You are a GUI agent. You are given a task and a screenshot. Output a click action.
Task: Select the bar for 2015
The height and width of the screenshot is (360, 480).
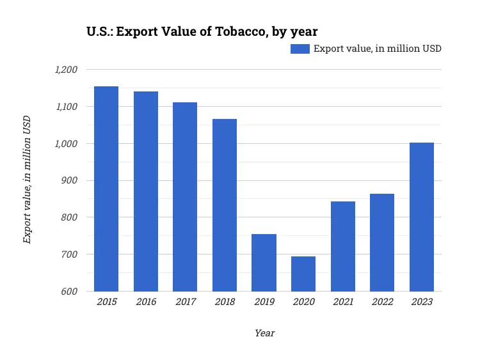click(106, 189)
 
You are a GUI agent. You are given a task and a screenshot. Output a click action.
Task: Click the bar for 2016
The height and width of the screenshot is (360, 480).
click(146, 191)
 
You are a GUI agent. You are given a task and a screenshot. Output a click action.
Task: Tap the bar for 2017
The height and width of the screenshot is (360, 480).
click(185, 197)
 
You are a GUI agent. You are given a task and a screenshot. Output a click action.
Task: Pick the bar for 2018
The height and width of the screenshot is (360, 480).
click(225, 205)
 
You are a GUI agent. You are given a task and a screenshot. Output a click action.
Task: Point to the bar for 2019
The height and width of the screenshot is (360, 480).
click(264, 262)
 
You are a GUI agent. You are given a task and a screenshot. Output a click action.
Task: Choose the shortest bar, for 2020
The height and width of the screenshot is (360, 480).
click(303, 274)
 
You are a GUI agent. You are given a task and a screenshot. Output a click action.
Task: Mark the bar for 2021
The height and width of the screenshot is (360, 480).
click(343, 246)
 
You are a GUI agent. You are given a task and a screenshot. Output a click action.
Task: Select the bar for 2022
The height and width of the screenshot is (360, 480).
click(382, 242)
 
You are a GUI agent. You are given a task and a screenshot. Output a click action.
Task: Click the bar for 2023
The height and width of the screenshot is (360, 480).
click(422, 217)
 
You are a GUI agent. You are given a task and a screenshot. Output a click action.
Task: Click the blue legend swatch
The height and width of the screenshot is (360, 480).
click(300, 49)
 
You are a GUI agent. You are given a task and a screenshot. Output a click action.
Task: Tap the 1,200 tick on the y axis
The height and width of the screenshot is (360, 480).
click(66, 70)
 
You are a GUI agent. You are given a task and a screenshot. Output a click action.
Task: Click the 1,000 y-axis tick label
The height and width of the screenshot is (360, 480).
click(66, 144)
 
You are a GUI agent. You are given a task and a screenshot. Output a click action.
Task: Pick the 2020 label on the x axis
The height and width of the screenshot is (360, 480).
click(303, 302)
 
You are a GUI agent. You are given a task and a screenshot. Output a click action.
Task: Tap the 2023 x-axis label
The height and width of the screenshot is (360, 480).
click(422, 302)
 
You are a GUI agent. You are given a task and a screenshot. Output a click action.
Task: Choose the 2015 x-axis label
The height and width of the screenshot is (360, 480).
click(106, 302)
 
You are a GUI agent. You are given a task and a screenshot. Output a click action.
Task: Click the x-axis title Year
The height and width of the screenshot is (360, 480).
click(264, 333)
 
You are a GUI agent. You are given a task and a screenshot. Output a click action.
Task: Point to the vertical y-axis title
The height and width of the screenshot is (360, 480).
click(27, 180)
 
